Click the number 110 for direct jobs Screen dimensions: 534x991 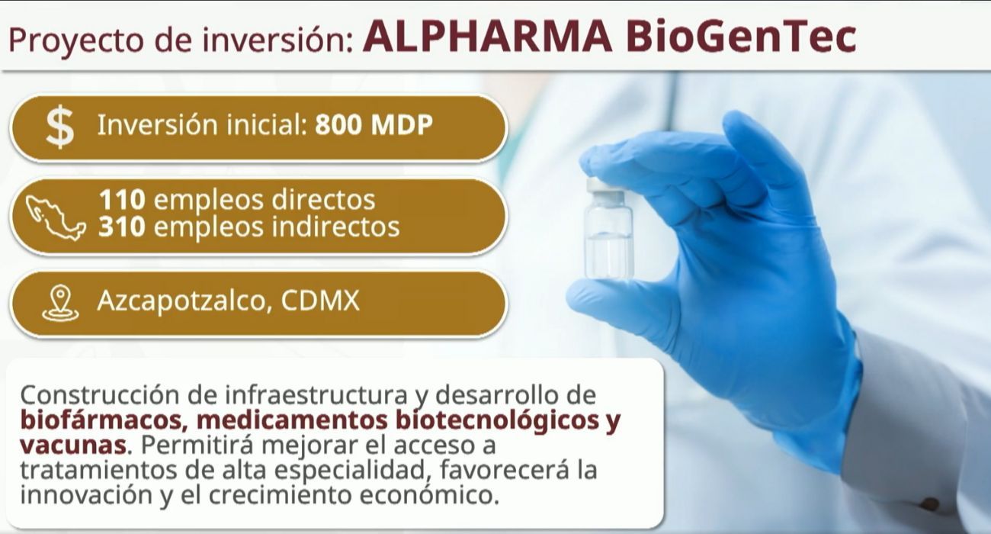pyautogui.click(x=121, y=200)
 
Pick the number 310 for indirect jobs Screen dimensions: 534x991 pyautogui.click(x=121, y=227)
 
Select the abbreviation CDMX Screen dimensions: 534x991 pyautogui.click(x=320, y=302)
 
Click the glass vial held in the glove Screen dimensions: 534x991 pyautogui.click(x=608, y=236)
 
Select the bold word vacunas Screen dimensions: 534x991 pyautogui.click(x=72, y=445)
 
